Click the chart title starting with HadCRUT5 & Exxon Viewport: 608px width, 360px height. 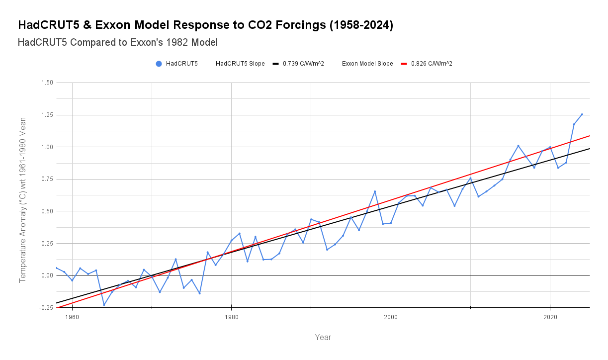(x=205, y=25)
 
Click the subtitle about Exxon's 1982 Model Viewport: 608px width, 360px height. (x=117, y=43)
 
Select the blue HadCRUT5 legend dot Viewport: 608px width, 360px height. (x=159, y=64)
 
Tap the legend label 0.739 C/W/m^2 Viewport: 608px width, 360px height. (x=303, y=64)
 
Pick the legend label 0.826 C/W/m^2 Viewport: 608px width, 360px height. (x=432, y=64)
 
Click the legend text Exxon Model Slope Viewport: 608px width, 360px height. (x=367, y=64)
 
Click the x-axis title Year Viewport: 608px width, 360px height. (x=323, y=338)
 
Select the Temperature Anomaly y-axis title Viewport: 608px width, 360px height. (x=22, y=200)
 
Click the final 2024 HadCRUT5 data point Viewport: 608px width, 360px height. (x=582, y=114)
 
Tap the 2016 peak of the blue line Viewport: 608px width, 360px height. (x=518, y=146)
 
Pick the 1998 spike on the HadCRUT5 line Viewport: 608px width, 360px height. (x=375, y=191)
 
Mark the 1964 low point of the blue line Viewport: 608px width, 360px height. (x=104, y=305)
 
